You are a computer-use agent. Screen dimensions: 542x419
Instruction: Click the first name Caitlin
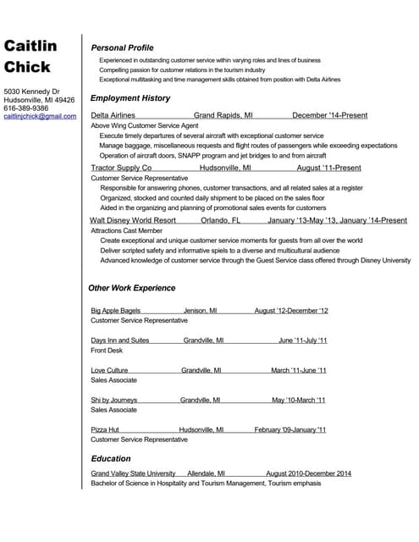(x=30, y=46)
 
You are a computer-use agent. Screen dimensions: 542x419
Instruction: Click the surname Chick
(x=27, y=67)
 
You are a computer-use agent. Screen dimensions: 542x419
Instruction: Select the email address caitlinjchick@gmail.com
(x=40, y=116)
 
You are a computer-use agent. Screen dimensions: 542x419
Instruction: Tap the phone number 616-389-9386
(x=26, y=108)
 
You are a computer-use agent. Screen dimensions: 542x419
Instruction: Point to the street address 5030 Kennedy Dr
(x=32, y=91)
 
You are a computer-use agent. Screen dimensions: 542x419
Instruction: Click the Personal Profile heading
(x=122, y=47)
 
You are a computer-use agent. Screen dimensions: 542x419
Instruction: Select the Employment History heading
(x=130, y=98)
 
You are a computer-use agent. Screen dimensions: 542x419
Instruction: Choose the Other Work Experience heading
(x=131, y=288)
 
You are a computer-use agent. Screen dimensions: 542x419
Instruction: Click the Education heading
(x=111, y=458)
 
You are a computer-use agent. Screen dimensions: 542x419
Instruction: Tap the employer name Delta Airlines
(x=113, y=115)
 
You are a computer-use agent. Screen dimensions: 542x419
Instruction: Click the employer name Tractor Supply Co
(x=121, y=168)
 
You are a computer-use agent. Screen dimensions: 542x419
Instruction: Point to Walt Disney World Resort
(x=133, y=220)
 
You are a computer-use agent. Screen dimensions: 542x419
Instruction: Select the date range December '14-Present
(x=329, y=115)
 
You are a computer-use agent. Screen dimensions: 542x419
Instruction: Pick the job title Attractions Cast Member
(x=126, y=230)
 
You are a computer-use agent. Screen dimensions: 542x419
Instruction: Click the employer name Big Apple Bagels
(x=115, y=311)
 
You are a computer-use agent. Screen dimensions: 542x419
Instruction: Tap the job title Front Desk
(x=107, y=351)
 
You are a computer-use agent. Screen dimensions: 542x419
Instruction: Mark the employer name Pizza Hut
(x=105, y=429)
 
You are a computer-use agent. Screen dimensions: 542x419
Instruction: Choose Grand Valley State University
(x=133, y=473)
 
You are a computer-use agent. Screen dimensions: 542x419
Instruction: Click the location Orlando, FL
(x=221, y=220)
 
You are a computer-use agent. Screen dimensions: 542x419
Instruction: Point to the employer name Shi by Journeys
(x=113, y=400)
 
